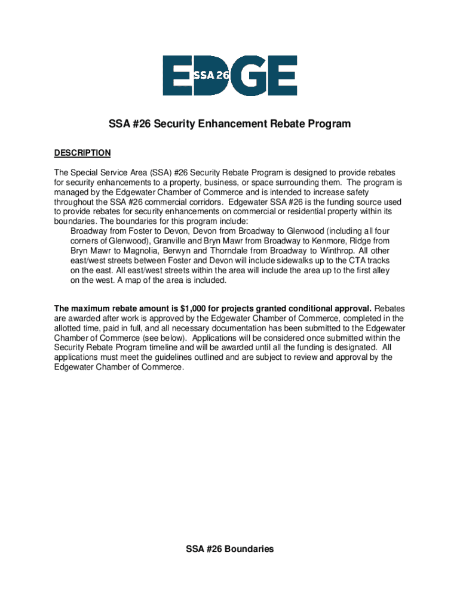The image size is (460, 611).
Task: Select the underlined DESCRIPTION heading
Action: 82,153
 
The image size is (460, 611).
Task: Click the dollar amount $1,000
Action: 195,308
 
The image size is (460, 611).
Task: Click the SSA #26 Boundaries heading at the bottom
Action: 230,548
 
